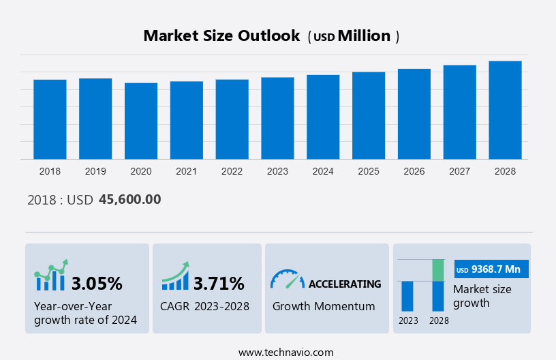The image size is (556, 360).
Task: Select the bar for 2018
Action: [50, 119]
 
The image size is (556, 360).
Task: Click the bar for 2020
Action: [141, 121]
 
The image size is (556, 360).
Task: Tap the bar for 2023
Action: [277, 118]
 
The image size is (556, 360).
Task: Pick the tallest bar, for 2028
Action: [505, 110]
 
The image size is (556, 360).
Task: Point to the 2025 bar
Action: [369, 115]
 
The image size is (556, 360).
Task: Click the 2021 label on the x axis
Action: [187, 171]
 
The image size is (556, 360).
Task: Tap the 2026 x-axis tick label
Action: [414, 171]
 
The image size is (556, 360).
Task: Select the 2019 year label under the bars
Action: [95, 171]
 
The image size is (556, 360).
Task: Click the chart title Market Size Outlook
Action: [221, 36]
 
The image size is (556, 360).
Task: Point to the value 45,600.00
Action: [129, 200]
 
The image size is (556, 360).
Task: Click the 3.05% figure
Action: [97, 283]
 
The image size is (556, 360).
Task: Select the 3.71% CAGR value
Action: [219, 283]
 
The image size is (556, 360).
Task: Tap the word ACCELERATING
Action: [345, 284]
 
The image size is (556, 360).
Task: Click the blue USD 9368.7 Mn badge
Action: [491, 269]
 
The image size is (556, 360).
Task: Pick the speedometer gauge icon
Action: [287, 278]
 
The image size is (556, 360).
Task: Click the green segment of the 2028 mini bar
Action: [438, 270]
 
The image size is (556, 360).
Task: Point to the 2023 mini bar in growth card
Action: [407, 296]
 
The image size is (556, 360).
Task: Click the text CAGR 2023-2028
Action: [204, 306]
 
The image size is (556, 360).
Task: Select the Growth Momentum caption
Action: [324, 306]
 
